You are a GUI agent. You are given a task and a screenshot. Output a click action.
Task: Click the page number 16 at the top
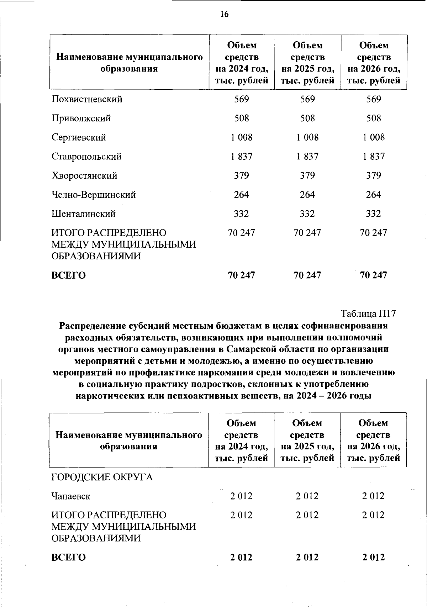pyautogui.click(x=224, y=14)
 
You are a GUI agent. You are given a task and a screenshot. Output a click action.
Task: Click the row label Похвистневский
pyautogui.click(x=87, y=99)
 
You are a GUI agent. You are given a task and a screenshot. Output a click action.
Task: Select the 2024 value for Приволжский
pyautogui.click(x=242, y=118)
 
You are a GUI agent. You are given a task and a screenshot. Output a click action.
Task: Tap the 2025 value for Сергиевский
pyautogui.click(x=308, y=137)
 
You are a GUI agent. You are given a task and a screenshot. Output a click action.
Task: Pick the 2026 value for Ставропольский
pyautogui.click(x=374, y=157)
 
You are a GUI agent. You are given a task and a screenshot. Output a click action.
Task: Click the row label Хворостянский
pyautogui.click(x=84, y=176)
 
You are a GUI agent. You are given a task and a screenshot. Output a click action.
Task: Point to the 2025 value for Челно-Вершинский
pyautogui.click(x=308, y=195)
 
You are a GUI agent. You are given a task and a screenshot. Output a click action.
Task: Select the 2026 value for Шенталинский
pyautogui.click(x=374, y=214)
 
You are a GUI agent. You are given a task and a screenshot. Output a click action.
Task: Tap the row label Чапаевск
pyautogui.click(x=71, y=496)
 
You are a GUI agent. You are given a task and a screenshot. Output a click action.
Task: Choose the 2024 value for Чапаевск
pyautogui.click(x=241, y=496)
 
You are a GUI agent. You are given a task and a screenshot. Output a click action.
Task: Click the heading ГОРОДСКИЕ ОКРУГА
pyautogui.click(x=102, y=477)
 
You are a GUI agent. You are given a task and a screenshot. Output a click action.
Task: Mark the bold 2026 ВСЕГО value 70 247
pyautogui.click(x=374, y=275)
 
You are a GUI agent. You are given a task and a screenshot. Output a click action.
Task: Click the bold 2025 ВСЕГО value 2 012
pyautogui.click(x=308, y=557)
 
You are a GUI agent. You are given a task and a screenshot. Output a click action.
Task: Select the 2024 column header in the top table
pyautogui.click(x=242, y=63)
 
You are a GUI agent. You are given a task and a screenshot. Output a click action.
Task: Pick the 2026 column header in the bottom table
pyautogui.click(x=373, y=440)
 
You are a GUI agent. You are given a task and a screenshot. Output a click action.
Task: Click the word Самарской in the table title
pyautogui.click(x=250, y=349)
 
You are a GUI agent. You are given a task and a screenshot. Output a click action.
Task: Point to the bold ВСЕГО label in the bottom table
pyautogui.click(x=69, y=557)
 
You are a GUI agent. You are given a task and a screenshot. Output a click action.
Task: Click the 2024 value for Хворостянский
pyautogui.click(x=242, y=176)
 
